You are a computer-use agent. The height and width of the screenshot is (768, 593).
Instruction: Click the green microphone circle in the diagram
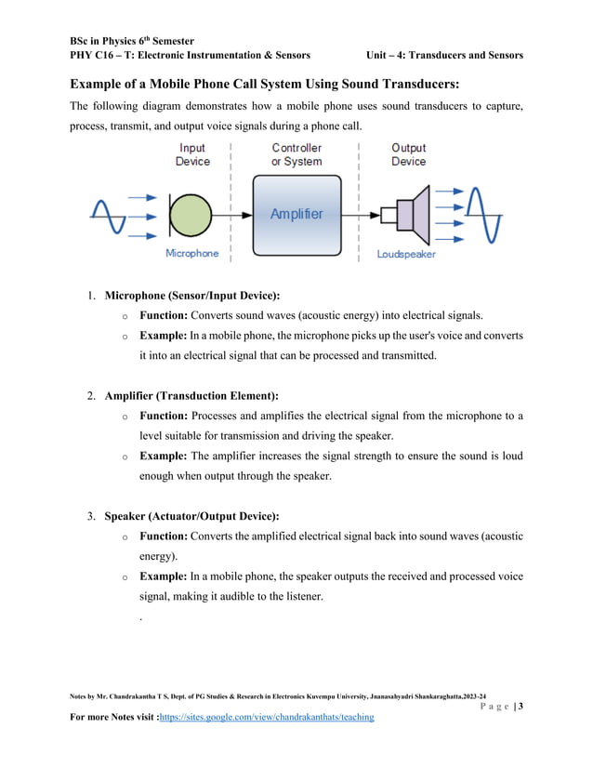tap(191, 214)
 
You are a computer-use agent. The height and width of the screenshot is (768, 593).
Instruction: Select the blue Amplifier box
tap(297, 215)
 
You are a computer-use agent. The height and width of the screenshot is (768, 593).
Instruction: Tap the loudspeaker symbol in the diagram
tap(409, 215)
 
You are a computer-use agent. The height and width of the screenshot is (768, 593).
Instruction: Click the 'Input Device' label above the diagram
tap(192, 154)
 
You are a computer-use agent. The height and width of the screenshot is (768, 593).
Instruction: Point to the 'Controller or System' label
tap(296, 154)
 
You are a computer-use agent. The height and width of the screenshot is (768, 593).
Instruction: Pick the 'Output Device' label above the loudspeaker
tap(408, 154)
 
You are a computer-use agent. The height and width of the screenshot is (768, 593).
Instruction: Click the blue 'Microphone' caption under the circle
tap(192, 254)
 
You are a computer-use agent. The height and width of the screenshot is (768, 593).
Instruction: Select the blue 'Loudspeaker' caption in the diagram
tap(406, 254)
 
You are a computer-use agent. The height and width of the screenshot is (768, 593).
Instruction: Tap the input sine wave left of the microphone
tap(108, 214)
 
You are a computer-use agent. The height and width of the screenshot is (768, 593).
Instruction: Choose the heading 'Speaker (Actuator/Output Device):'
tap(191, 516)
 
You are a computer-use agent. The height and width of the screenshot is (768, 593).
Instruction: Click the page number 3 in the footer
tap(521, 707)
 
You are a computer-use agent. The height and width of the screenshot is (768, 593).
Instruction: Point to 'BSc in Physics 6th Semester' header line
tap(132, 41)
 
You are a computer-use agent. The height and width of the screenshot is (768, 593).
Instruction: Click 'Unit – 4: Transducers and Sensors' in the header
tap(444, 56)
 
